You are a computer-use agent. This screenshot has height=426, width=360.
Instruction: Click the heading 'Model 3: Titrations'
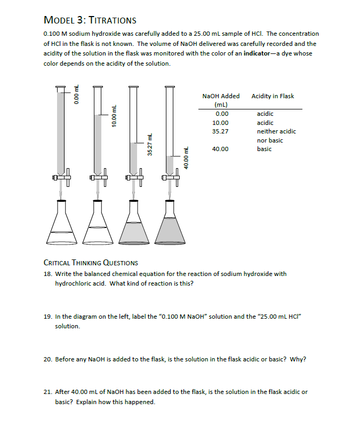click(90, 20)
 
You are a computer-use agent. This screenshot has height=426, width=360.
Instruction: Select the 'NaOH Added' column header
click(221, 96)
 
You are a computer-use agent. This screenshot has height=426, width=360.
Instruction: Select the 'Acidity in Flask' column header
click(273, 96)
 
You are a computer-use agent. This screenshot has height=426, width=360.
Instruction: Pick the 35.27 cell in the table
click(220, 131)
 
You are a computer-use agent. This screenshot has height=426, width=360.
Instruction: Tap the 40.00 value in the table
click(220, 149)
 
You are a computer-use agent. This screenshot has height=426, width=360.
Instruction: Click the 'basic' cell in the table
click(264, 149)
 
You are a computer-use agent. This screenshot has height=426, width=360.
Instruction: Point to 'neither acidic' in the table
click(276, 131)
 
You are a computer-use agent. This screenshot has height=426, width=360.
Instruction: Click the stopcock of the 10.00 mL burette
click(98, 178)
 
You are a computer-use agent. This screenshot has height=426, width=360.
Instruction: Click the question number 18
click(47, 274)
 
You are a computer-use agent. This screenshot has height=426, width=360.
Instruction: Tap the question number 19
click(47, 317)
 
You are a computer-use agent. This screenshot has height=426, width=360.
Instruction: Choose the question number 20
click(47, 359)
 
